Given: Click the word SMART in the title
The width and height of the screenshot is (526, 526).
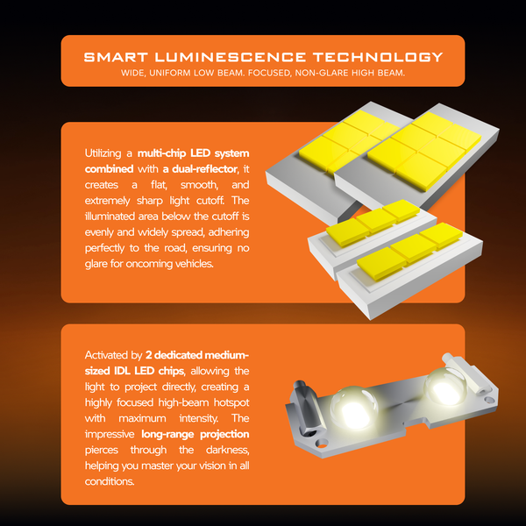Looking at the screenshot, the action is pos(116,57).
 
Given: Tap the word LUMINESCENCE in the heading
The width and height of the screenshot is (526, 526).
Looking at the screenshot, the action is pos(230,57).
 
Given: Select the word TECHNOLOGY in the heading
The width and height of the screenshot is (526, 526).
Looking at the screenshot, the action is pos(378,57).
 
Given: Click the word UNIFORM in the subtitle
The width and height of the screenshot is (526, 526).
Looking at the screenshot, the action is pos(170,73).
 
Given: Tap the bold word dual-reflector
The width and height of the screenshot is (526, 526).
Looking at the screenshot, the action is pos(204,168).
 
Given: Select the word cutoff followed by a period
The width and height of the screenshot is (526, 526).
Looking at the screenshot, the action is pos(210,201).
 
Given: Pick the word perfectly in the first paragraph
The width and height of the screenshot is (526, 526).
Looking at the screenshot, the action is pos(104,248).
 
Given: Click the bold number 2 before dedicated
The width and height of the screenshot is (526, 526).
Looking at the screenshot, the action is pos(149,355).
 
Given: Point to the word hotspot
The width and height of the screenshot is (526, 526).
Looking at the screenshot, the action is pos(231,402).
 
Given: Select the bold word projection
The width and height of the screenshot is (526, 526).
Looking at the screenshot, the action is pos(224,435).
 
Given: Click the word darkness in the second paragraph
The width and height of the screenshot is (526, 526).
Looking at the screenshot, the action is pos(227,450).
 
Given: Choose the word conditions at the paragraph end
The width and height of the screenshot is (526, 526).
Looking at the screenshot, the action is pos(110,481).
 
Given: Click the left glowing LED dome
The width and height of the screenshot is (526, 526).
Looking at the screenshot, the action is pos(354,407).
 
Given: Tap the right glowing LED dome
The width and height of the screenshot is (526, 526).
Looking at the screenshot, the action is pos(444,387).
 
